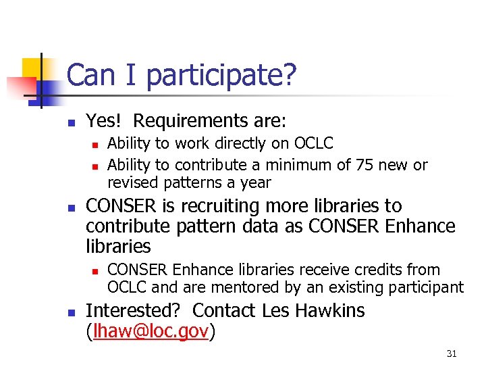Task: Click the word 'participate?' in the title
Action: coord(221,76)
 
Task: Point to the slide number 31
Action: coord(452,353)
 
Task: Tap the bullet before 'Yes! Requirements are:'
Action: coord(70,122)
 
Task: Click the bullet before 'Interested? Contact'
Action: coord(70,312)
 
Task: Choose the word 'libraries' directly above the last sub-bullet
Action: coord(119,245)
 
